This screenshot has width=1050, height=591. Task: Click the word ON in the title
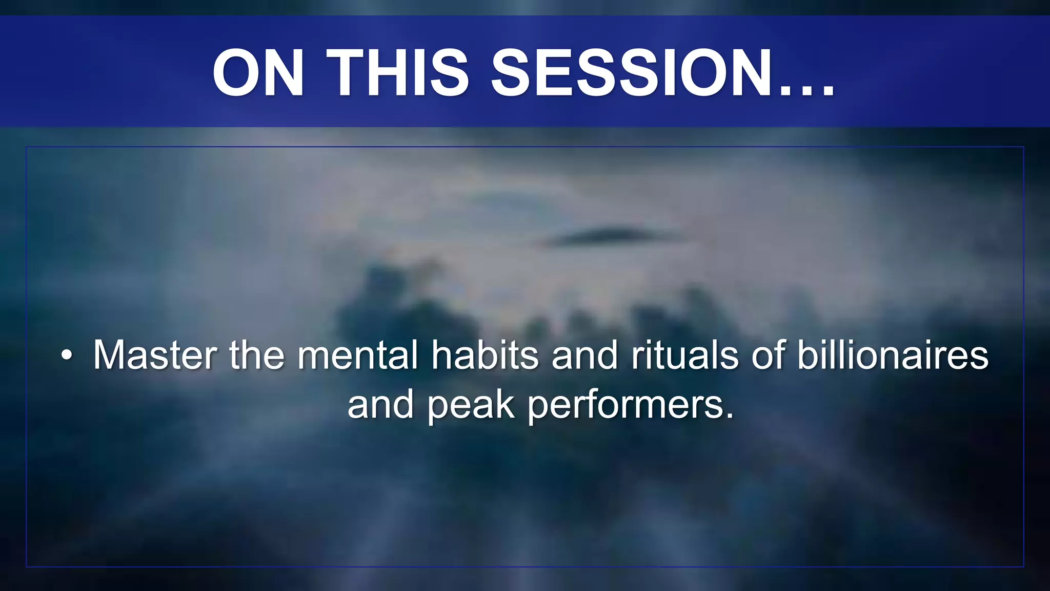(x=259, y=72)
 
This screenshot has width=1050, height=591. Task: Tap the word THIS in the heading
(x=397, y=72)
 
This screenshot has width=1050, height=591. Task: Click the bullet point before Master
(x=66, y=355)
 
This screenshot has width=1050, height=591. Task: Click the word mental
(x=358, y=355)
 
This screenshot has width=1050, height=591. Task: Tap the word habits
(x=484, y=355)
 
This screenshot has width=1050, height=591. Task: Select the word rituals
(x=684, y=355)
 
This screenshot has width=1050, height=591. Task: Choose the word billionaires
(x=892, y=355)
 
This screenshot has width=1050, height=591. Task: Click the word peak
(x=471, y=405)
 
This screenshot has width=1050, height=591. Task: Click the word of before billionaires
(x=768, y=355)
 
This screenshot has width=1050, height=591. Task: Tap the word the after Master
(x=256, y=355)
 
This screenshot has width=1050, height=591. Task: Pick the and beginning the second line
(x=380, y=405)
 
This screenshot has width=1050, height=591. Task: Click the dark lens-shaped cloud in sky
(x=605, y=236)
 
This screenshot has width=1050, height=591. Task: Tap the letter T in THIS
(x=347, y=72)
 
